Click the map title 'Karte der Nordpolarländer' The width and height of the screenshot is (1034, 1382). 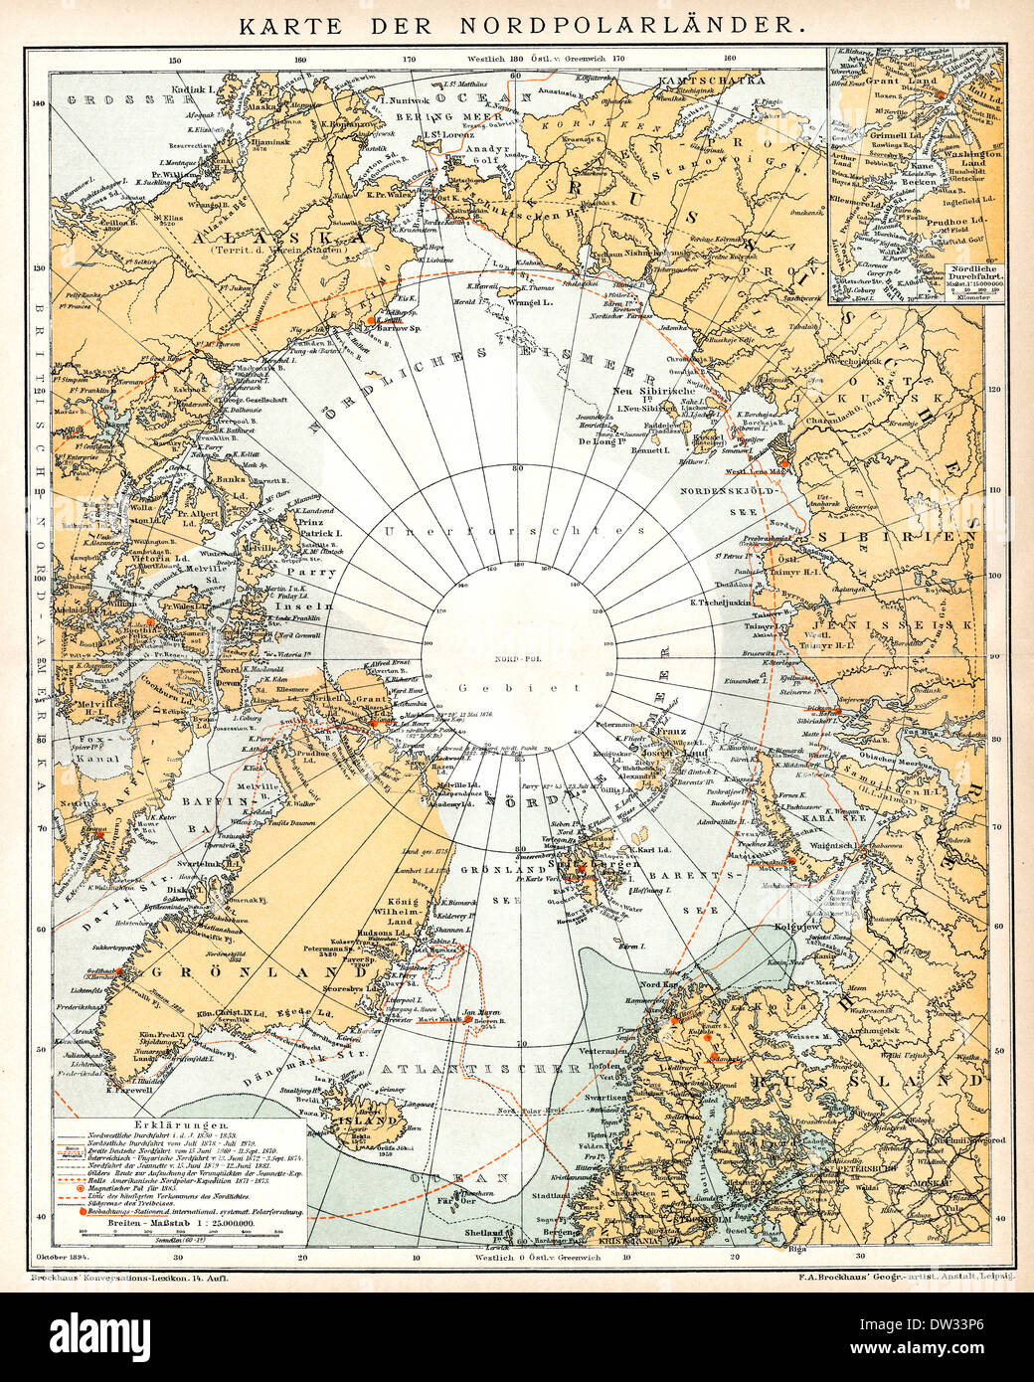point(517,26)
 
